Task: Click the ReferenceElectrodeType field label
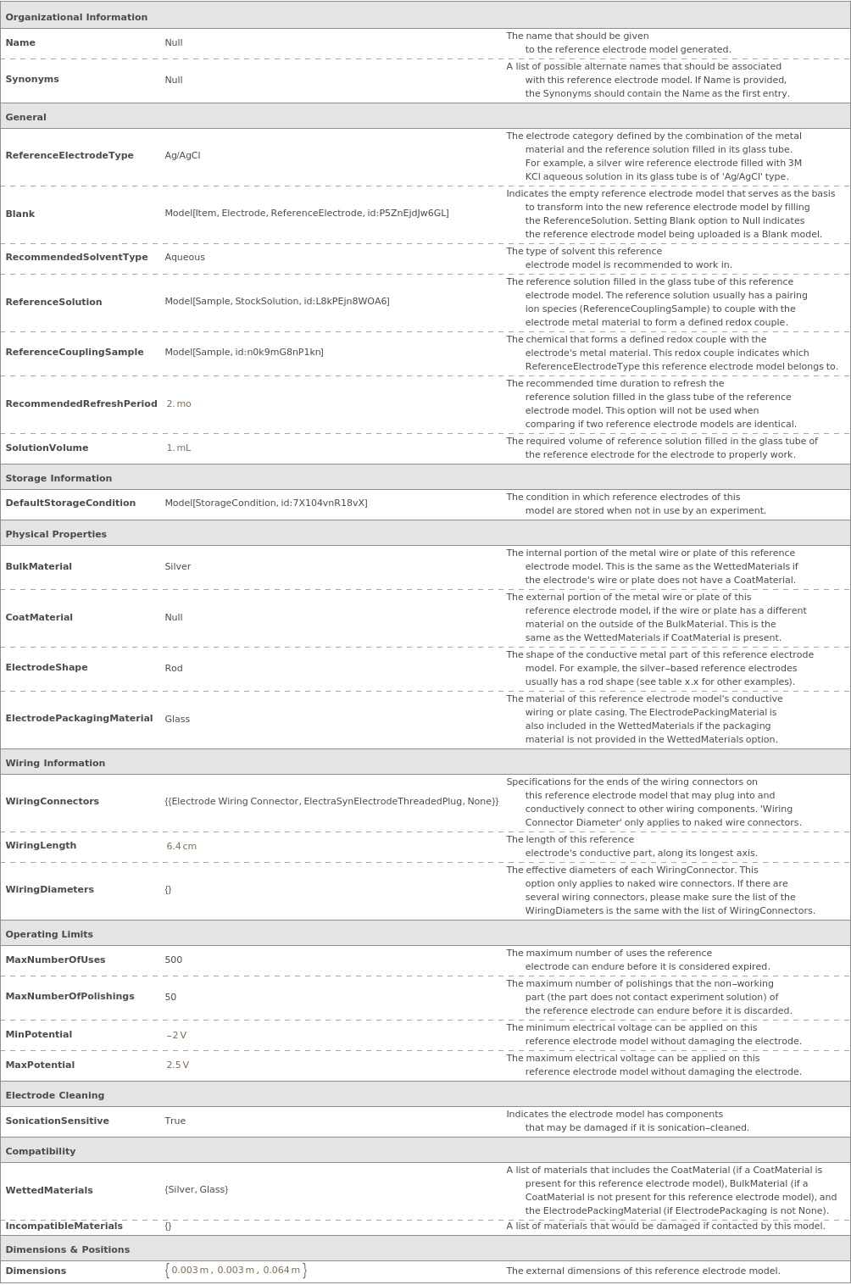click(x=70, y=155)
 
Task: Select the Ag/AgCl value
click(x=182, y=155)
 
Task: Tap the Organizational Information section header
click(x=76, y=17)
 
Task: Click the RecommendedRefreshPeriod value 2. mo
click(x=179, y=403)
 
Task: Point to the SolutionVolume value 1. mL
click(x=179, y=448)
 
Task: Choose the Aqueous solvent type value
click(x=185, y=257)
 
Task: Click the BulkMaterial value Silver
click(x=178, y=566)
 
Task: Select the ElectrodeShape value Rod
click(x=174, y=668)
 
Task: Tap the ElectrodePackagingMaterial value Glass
click(x=177, y=719)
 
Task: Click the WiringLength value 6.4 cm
click(x=181, y=846)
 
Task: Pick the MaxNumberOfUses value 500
click(x=174, y=960)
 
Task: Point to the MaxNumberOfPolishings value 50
click(x=170, y=997)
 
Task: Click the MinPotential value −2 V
click(x=176, y=1035)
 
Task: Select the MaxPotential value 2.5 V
click(x=178, y=1065)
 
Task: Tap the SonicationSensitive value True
click(x=175, y=1121)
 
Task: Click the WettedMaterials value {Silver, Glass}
click(x=197, y=1189)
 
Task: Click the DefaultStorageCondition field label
click(x=70, y=503)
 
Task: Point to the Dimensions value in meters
click(x=236, y=1270)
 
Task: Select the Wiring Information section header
click(x=55, y=763)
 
